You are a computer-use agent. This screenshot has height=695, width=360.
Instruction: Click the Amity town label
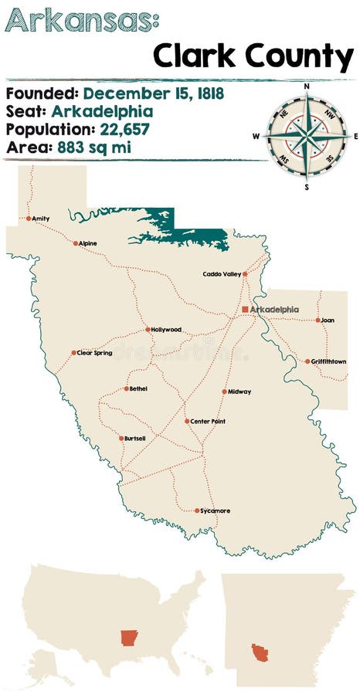click(x=41, y=219)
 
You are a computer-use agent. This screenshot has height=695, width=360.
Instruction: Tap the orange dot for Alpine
click(x=76, y=243)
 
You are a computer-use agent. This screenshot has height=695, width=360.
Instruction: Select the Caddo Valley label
click(x=221, y=274)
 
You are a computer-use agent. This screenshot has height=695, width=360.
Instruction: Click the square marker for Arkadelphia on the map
click(x=245, y=309)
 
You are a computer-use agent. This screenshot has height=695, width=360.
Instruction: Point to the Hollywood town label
click(x=166, y=330)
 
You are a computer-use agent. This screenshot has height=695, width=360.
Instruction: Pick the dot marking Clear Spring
click(x=74, y=353)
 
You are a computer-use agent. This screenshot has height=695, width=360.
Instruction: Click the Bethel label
click(x=138, y=388)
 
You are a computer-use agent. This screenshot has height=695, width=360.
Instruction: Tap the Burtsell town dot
click(x=121, y=439)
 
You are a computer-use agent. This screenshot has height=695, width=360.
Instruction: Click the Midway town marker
click(x=225, y=392)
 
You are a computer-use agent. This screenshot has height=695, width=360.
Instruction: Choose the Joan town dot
click(x=318, y=320)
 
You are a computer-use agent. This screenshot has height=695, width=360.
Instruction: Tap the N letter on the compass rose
click(x=307, y=86)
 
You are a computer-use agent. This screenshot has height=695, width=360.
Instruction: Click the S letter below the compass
click(x=307, y=187)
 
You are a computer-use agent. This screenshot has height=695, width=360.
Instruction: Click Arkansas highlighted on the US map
click(x=128, y=638)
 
